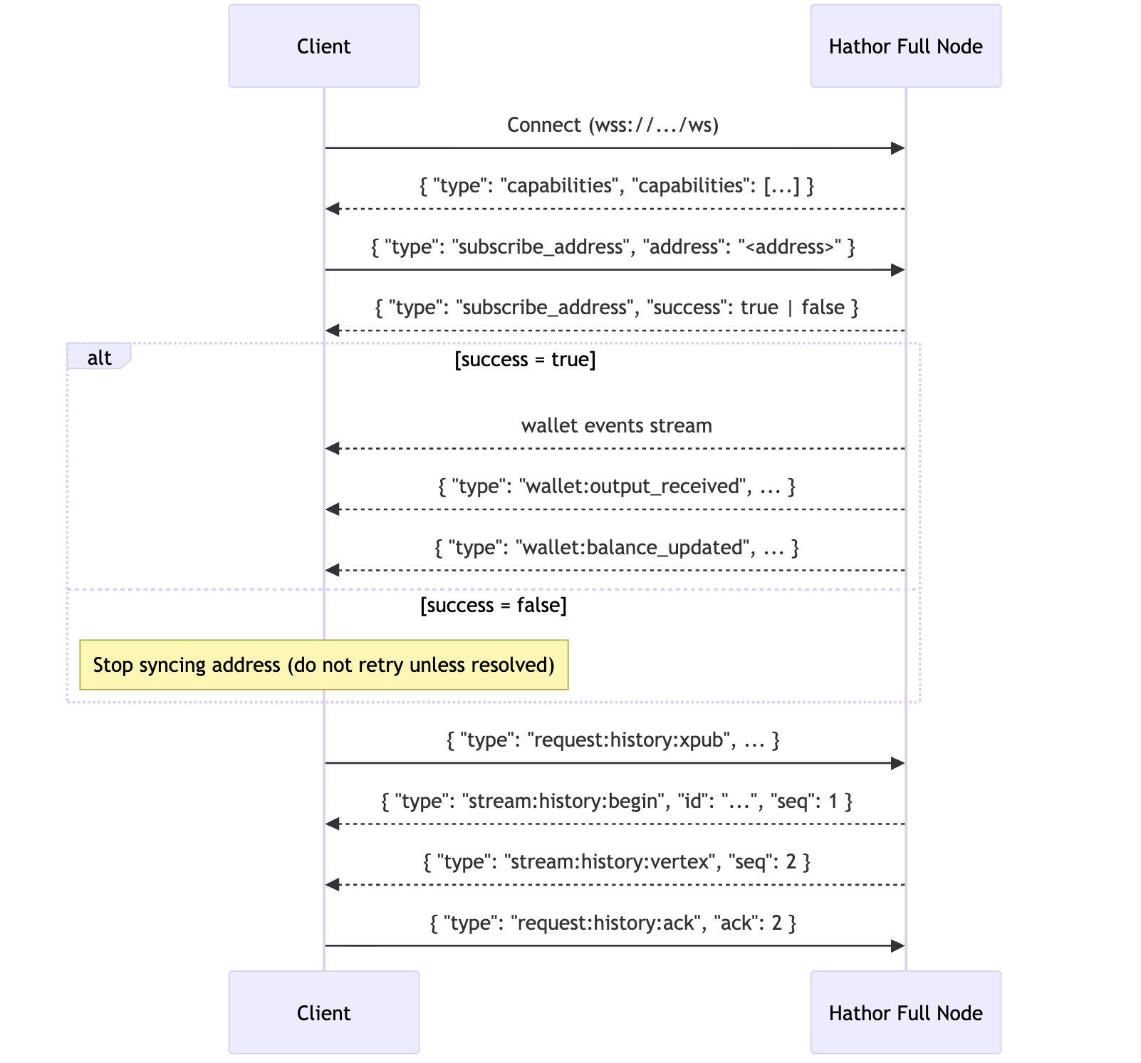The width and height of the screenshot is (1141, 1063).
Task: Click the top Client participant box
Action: click(323, 46)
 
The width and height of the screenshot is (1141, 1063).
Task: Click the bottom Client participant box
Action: click(323, 1012)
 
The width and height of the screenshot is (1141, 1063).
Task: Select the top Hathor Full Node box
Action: click(905, 46)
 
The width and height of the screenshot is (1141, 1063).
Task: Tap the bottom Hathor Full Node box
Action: click(905, 1012)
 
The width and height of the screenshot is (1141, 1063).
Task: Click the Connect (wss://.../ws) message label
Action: click(613, 125)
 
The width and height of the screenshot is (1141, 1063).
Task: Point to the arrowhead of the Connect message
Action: click(898, 148)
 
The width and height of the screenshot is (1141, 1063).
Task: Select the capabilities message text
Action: click(616, 186)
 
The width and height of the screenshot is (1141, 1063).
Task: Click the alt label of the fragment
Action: click(99, 358)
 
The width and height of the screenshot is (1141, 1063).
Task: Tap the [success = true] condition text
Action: click(525, 359)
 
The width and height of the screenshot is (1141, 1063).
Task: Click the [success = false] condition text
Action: click(494, 605)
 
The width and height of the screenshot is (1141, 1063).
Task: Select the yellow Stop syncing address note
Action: click(323, 665)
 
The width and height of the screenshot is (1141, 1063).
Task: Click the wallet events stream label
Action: click(616, 426)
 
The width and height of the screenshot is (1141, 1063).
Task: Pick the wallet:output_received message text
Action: click(616, 487)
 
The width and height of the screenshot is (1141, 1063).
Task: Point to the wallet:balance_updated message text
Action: click(616, 548)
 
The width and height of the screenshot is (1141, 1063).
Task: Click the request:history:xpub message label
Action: click(613, 740)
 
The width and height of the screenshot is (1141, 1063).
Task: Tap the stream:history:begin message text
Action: click(616, 802)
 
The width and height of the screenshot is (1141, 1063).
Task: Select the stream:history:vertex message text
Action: click(616, 862)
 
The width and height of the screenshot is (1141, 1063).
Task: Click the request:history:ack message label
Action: click(613, 923)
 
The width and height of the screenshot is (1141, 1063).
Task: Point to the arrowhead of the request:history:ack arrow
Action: click(898, 946)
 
